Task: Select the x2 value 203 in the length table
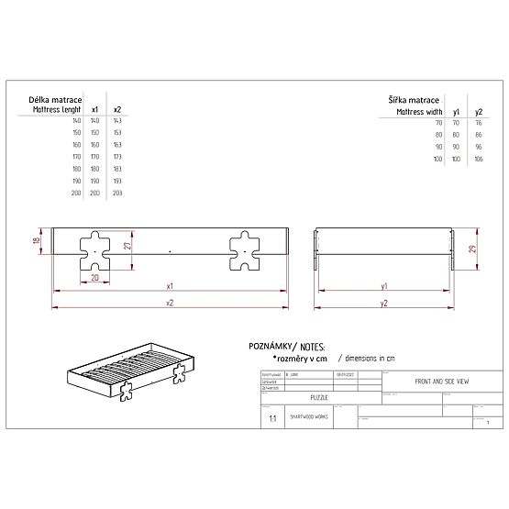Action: click(x=117, y=194)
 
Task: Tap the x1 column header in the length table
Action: click(x=96, y=110)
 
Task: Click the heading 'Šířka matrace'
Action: click(x=413, y=99)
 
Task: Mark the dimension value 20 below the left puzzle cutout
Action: click(x=94, y=277)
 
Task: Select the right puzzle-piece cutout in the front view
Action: click(x=246, y=250)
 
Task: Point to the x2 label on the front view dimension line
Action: click(x=171, y=302)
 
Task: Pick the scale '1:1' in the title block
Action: click(x=271, y=417)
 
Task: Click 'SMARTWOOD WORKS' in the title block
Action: click(x=309, y=415)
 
